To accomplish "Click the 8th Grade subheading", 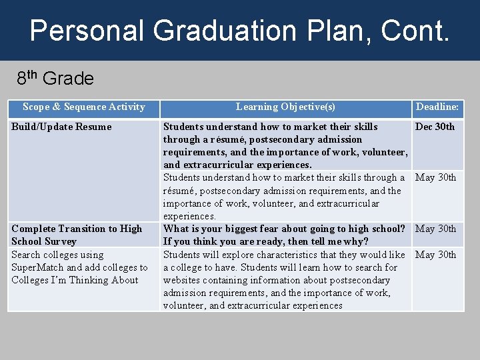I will pos(55,79).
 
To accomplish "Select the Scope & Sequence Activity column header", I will pos(83,107).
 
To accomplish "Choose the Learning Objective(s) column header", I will pos(285,107).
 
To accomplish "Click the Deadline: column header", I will pos(437,107).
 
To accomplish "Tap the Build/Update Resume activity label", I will pos(61,127).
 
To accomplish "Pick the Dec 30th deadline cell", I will pos(435,127).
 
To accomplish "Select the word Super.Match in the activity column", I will pos(37,267).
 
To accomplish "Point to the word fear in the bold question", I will pos(275,229).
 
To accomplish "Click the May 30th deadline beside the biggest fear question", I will pos(436,229).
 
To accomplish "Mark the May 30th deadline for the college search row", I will pos(436,255).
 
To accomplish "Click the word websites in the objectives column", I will pos(183,280).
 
